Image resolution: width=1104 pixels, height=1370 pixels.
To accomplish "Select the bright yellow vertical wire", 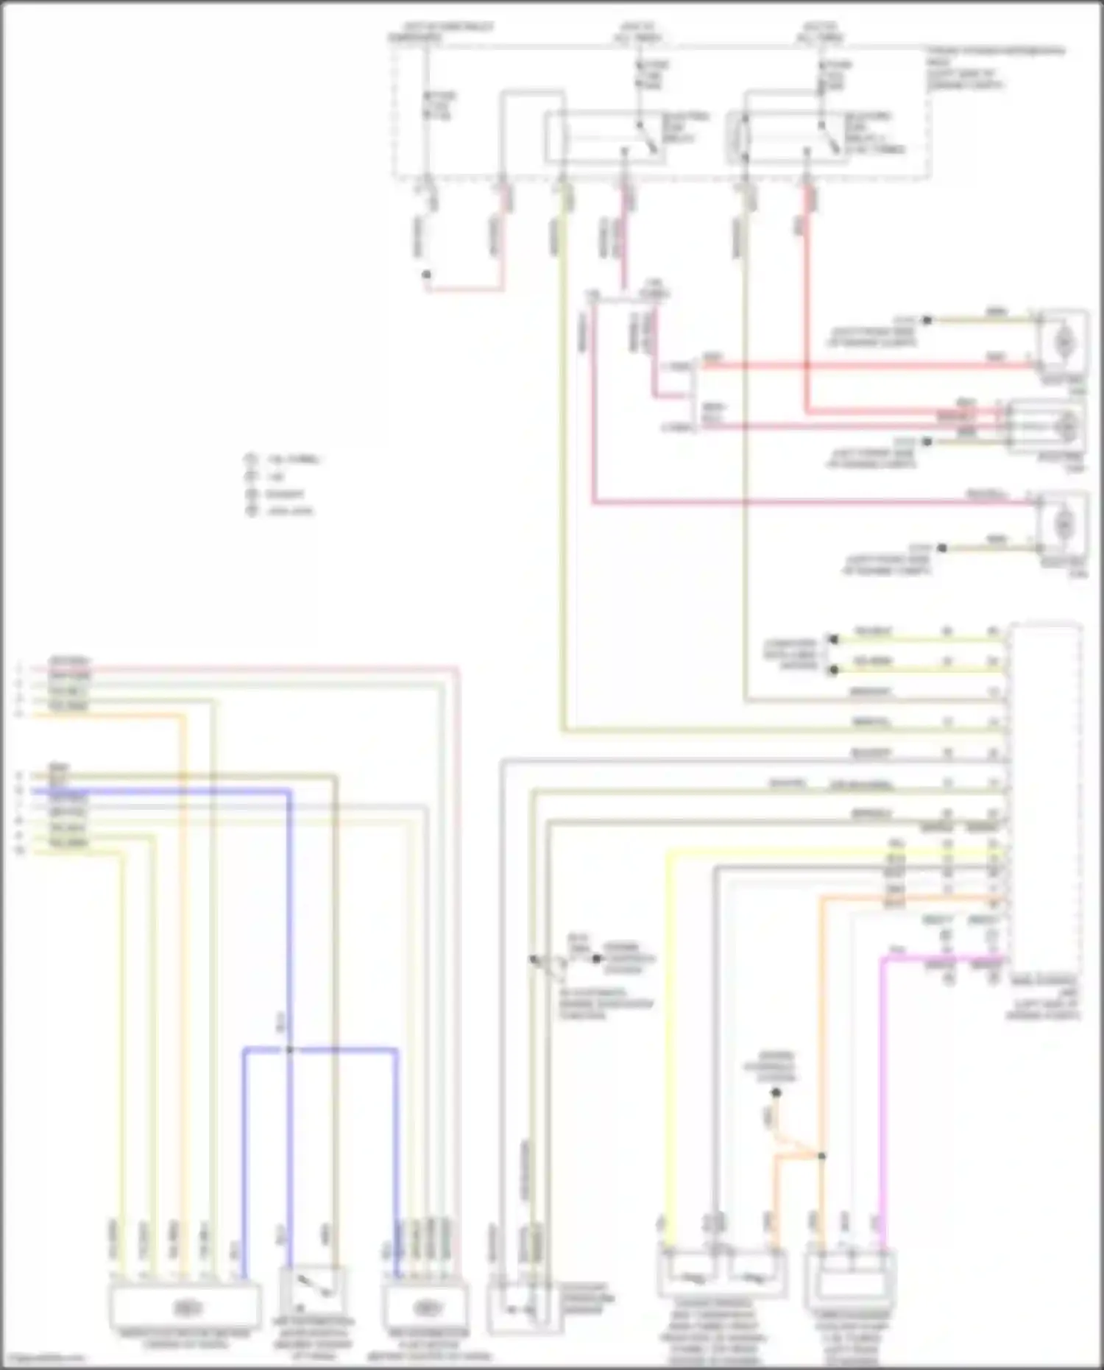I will (667, 1031).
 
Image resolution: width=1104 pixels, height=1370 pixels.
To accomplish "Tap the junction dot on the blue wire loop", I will (289, 1049).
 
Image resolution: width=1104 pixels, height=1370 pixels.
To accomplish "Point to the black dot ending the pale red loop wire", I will (426, 275).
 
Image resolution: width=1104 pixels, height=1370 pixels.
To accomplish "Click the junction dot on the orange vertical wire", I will (821, 1156).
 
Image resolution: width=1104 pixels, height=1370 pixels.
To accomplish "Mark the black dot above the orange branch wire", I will (775, 1093).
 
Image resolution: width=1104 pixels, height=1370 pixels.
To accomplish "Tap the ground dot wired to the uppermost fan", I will (927, 320).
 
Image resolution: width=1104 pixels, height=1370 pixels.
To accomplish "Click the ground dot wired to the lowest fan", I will (941, 548).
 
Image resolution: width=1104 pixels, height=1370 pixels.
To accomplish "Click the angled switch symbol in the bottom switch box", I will (309, 1287).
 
